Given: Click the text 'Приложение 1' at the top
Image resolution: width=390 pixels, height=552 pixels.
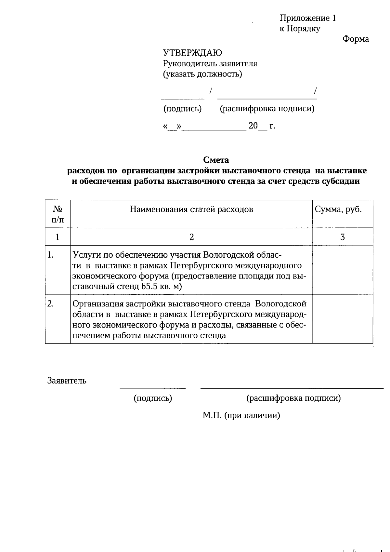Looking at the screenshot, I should click(x=307, y=18).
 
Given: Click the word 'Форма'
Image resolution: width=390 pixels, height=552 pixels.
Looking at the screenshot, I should click(x=356, y=39).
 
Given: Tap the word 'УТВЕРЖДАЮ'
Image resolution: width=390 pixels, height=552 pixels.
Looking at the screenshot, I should click(x=192, y=53).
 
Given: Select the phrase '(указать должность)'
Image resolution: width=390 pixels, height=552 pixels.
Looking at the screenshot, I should click(x=202, y=74).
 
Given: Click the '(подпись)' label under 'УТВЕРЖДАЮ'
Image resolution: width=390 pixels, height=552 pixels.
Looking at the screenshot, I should click(x=182, y=109).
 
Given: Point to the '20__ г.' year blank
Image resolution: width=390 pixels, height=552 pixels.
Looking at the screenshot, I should click(x=262, y=126).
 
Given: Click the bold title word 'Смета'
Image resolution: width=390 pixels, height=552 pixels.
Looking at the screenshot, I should click(x=216, y=160).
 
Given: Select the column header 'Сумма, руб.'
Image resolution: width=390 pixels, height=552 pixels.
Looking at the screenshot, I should click(x=338, y=209).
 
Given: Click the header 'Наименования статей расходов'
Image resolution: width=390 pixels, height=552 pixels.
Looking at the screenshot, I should click(x=191, y=209).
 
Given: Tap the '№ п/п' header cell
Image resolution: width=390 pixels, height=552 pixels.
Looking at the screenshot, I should click(x=58, y=214).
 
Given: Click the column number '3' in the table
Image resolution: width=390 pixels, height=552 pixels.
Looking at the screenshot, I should click(x=342, y=237).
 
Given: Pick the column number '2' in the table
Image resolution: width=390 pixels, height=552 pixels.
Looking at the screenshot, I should click(x=191, y=237).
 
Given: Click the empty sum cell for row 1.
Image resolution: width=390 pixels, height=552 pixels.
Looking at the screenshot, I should click(x=342, y=270).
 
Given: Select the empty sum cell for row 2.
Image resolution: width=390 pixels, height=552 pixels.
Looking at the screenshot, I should click(x=342, y=319).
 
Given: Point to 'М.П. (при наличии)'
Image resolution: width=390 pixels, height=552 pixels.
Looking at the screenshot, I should click(x=241, y=416).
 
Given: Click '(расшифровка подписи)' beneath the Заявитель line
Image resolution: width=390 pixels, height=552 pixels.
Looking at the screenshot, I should click(x=293, y=398).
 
